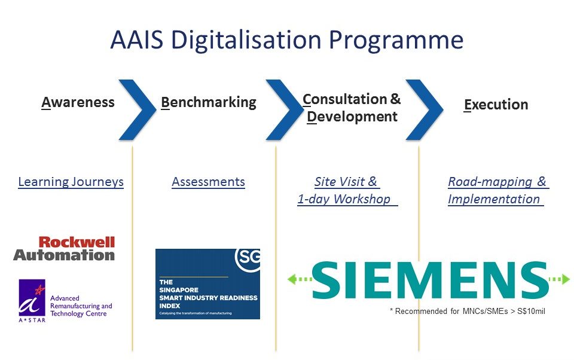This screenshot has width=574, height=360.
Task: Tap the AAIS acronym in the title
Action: pos(136,39)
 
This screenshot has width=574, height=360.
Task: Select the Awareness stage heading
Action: pos(78,102)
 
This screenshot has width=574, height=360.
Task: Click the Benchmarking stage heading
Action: pos(209,103)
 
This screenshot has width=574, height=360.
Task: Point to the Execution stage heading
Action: pos(496,105)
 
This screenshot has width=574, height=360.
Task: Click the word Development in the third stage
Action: pos(352,117)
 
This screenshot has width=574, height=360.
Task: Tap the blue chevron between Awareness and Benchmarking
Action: pos(138,110)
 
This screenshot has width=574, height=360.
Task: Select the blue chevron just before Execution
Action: pos(425,110)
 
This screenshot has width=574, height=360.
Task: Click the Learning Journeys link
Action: pos(71,182)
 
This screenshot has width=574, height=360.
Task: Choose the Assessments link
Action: pos(208,182)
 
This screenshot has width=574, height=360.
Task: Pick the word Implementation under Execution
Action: pos(494,199)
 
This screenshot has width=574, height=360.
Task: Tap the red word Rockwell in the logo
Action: pos(77,242)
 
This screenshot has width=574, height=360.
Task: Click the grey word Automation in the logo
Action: pos(64,255)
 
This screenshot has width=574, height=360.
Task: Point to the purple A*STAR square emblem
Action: pos(32,297)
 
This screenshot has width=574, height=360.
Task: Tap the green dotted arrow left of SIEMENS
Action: pos(300,279)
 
